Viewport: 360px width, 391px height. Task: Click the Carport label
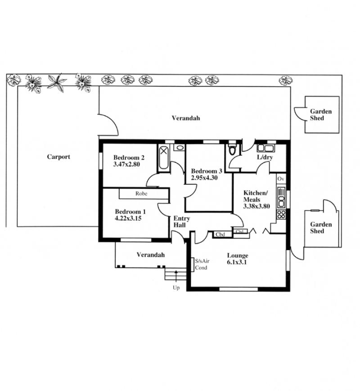58,157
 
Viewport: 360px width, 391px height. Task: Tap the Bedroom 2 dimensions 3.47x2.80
126,164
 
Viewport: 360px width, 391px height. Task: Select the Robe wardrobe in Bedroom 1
144,194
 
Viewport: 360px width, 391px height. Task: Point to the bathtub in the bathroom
163,158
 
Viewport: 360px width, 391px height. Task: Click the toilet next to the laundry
232,150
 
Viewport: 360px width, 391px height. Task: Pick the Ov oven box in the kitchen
281,179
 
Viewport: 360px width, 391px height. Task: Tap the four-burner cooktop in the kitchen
281,214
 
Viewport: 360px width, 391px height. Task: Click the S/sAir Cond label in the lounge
202,264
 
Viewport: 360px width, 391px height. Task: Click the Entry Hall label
182,222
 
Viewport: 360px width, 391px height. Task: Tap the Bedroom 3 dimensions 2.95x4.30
204,178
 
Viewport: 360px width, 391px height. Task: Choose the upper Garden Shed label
321,115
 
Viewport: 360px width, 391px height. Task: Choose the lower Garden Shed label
321,227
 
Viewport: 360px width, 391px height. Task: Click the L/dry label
265,157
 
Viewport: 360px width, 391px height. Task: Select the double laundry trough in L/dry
265,148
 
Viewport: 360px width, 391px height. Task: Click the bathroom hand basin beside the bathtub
179,147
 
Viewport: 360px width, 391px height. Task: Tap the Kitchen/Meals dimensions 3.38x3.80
256,206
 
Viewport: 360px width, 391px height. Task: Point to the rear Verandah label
186,118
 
